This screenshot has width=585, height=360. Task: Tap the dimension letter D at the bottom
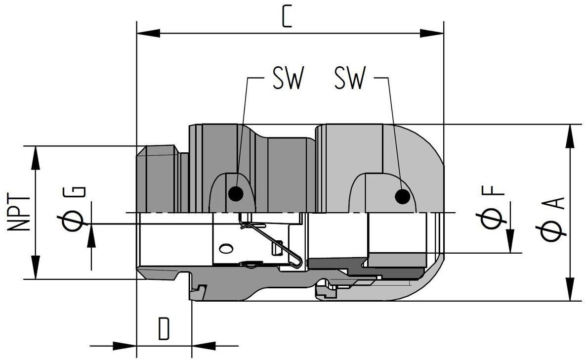[164, 329]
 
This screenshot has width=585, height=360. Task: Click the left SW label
[288, 78]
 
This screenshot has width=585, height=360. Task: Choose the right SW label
[350, 78]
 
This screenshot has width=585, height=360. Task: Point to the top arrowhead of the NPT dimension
[36, 157]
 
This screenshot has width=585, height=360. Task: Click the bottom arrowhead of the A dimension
[571, 289]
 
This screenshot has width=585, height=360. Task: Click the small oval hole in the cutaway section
[226, 248]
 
